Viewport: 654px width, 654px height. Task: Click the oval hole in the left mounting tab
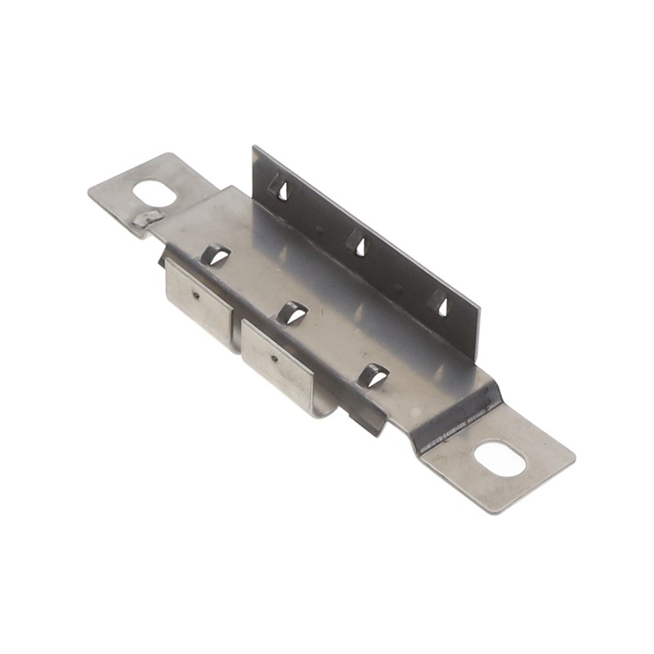[155, 194]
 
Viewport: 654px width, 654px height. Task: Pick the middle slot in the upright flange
[357, 243]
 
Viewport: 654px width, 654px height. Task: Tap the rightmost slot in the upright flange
[440, 303]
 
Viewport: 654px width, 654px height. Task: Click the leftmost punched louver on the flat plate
[215, 255]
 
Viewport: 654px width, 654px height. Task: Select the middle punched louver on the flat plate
[292, 312]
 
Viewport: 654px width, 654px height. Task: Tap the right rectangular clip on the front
[277, 363]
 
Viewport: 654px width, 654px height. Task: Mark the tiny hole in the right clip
[273, 356]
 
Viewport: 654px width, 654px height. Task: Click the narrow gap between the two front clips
[236, 327]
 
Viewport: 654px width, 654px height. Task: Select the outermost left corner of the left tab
[89, 193]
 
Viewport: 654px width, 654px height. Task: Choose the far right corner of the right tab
[575, 458]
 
